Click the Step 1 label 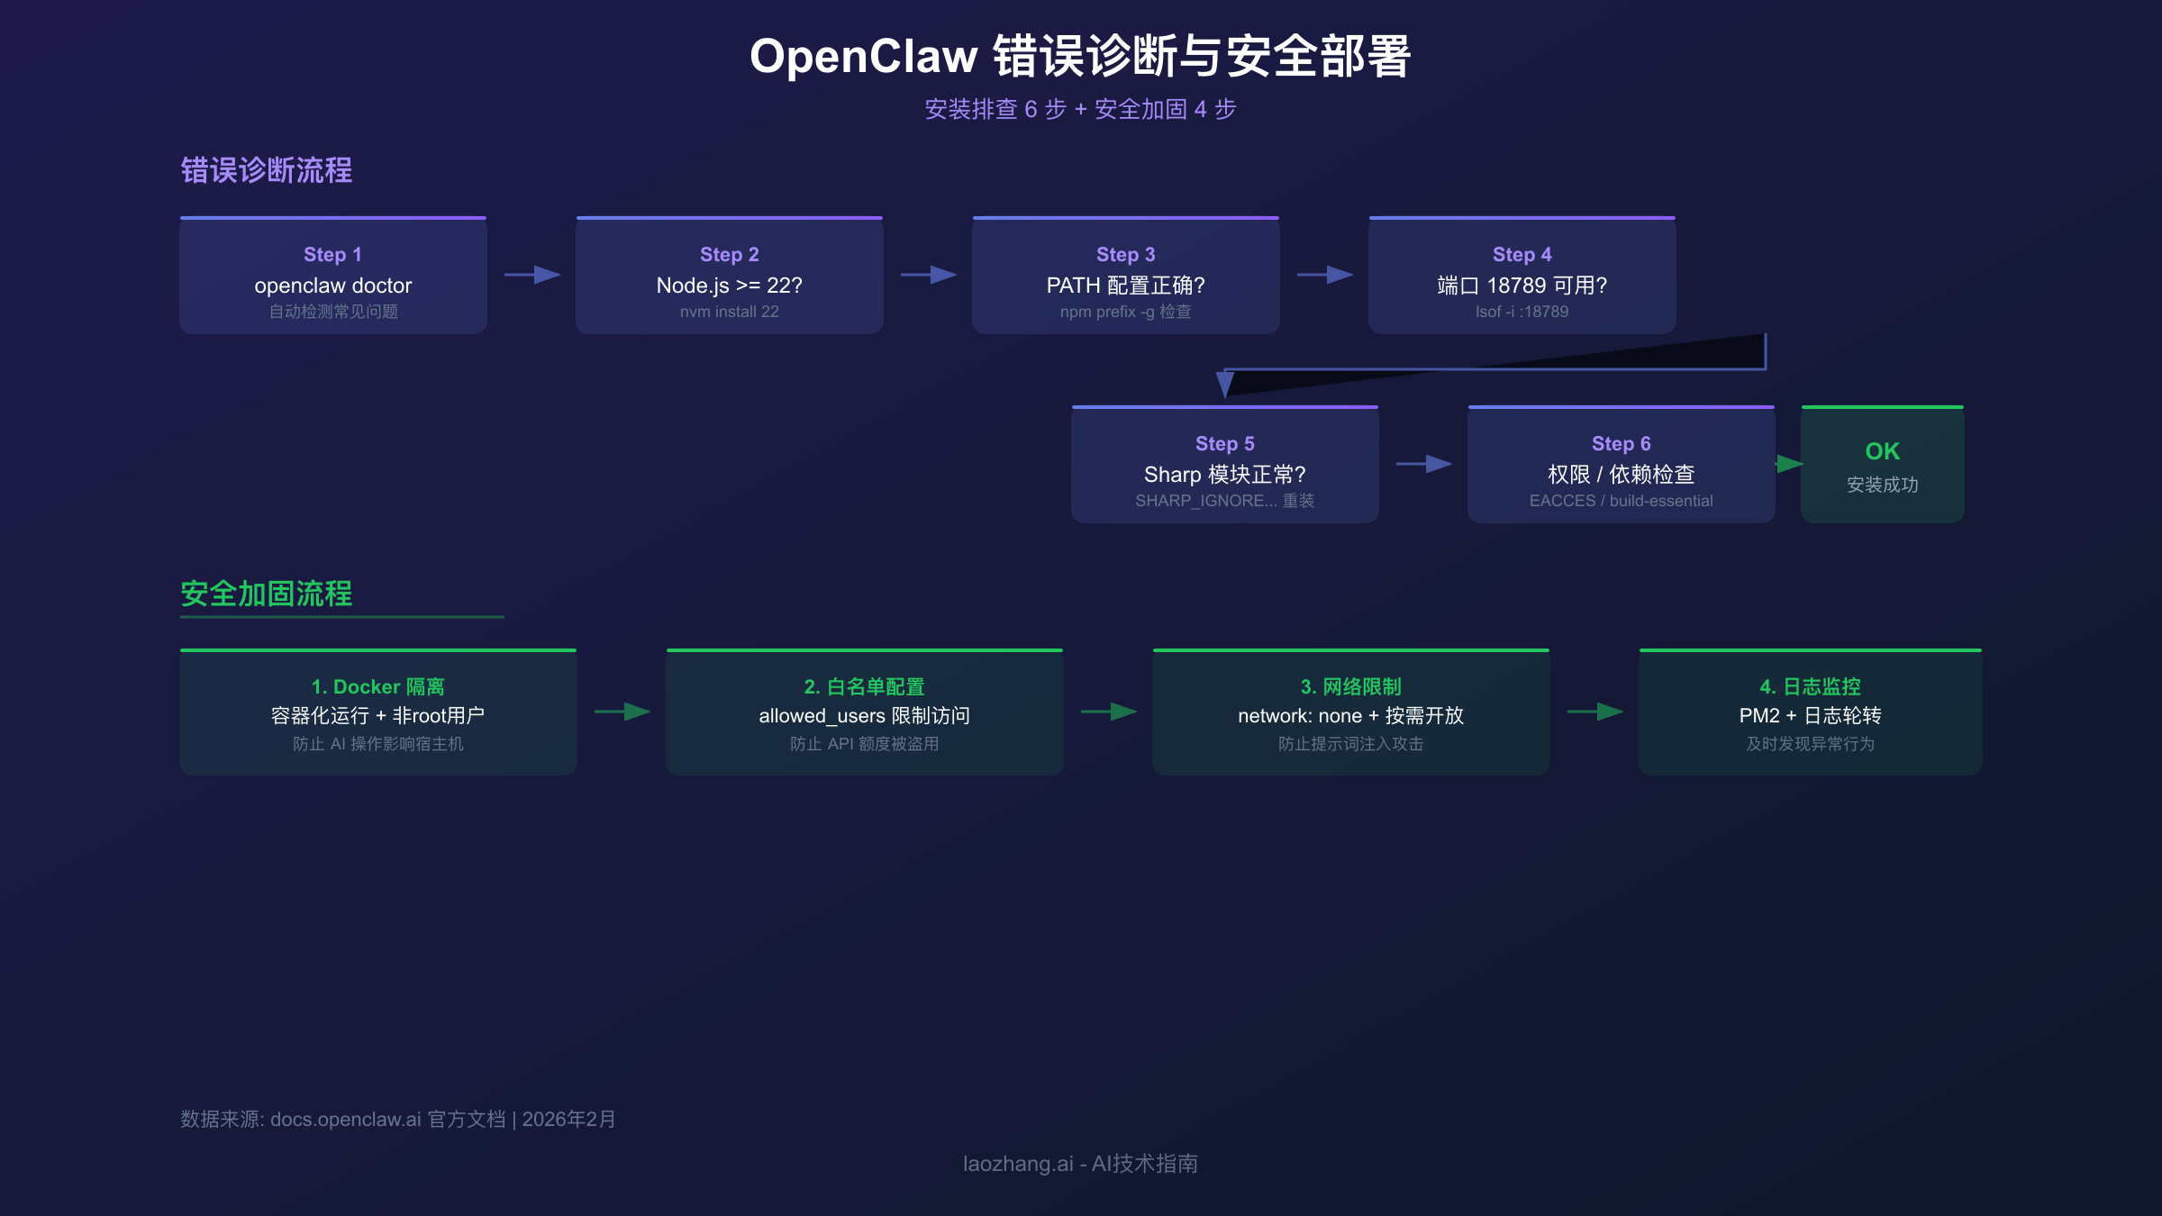pos(332,255)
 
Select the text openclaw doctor pos(332,286)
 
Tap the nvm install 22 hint pos(729,312)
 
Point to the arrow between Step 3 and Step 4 pos(1324,275)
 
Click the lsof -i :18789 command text pos(1522,312)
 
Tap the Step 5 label pos(1224,444)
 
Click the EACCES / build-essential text pos(1621,501)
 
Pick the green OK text pos(1882,451)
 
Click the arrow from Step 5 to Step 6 pos(1423,464)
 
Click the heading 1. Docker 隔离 pos(377,687)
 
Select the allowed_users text pos(822,716)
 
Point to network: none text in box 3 pos(1299,716)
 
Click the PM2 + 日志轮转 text pos(1810,716)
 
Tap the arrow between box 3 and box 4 pos(1594,712)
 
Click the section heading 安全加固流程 pos(267,594)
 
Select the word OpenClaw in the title pos(863,56)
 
